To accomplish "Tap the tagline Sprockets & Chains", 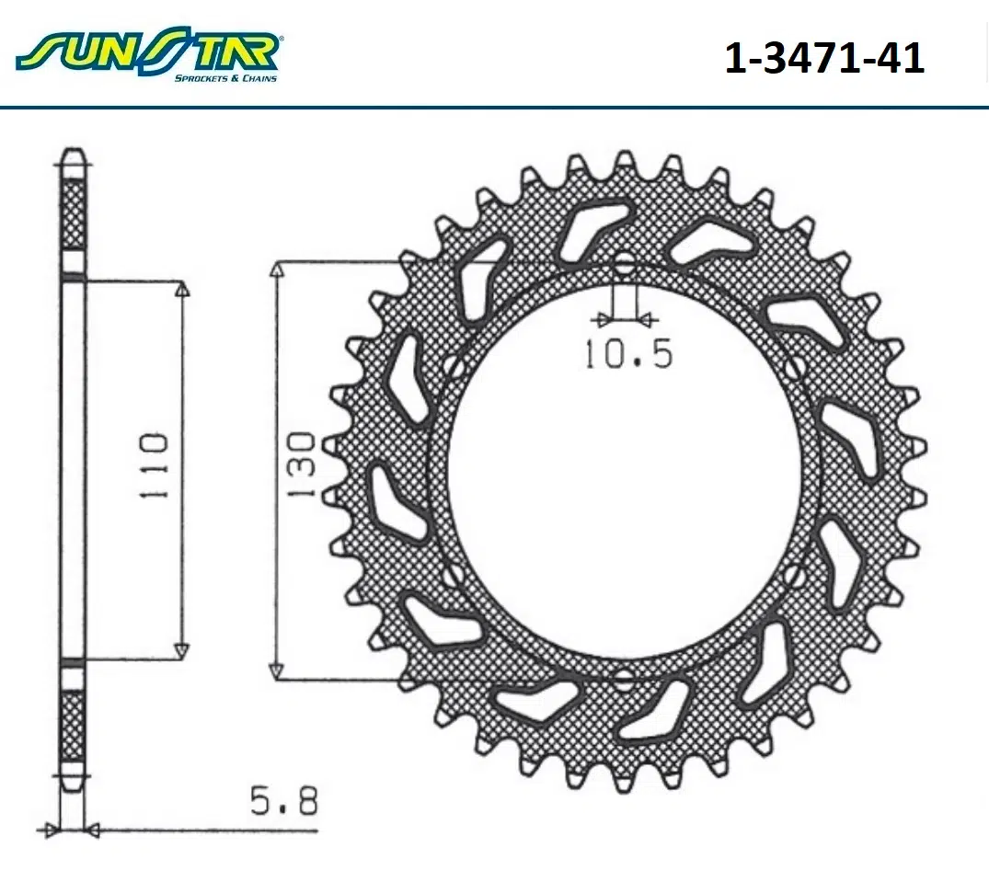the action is (225, 77).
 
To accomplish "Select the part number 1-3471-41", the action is (824, 58).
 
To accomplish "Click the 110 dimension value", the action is (155, 465).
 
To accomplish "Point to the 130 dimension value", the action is (303, 464).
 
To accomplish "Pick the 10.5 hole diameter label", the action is (628, 354).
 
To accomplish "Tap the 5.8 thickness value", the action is (284, 801).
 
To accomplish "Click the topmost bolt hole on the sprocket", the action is (624, 266).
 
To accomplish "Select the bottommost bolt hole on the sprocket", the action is (624, 680).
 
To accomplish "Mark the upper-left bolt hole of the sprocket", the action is (453, 367).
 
